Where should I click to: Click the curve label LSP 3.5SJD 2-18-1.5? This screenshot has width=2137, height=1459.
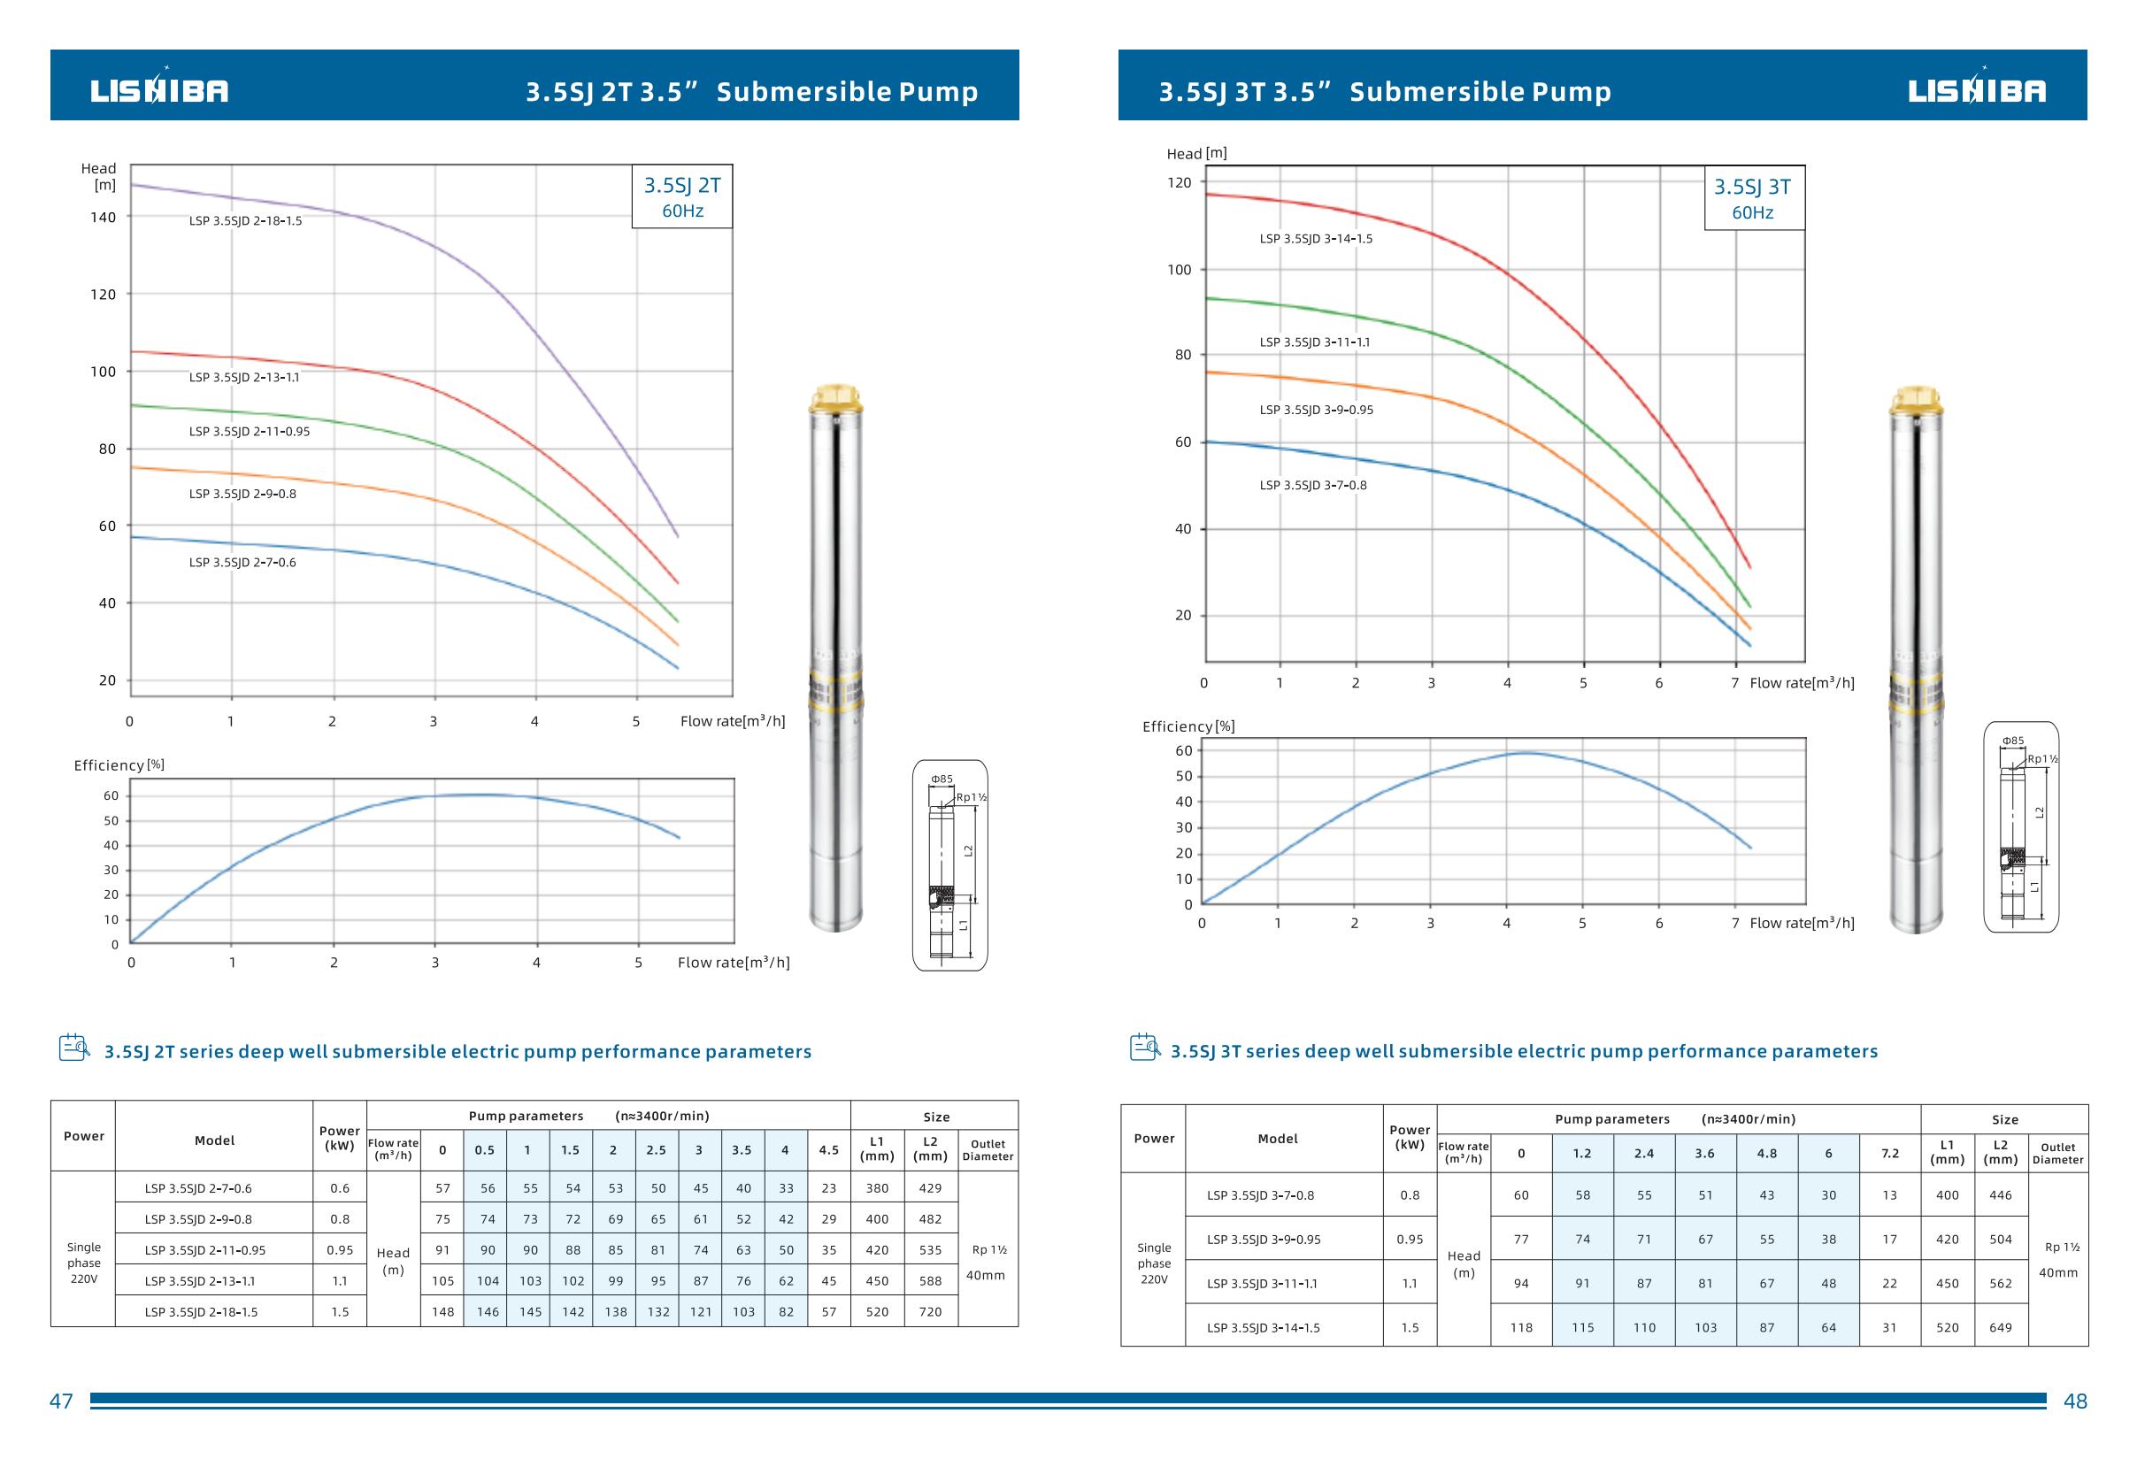[x=244, y=221]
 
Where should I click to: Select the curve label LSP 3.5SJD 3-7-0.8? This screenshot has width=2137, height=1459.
[x=1312, y=486]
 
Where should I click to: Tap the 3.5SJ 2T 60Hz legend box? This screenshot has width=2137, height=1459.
[x=682, y=196]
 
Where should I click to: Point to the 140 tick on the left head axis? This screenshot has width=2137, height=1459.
[x=103, y=218]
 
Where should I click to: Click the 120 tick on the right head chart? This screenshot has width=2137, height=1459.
[x=1179, y=183]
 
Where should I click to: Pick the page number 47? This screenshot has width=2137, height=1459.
[x=61, y=1401]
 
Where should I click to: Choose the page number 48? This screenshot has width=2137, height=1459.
[x=2075, y=1401]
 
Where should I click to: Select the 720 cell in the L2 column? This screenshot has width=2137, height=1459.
[x=930, y=1312]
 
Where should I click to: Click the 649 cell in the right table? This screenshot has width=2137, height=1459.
[x=2000, y=1327]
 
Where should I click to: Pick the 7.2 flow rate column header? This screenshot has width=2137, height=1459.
[x=1889, y=1154]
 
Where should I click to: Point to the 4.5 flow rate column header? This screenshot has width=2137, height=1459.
[x=828, y=1150]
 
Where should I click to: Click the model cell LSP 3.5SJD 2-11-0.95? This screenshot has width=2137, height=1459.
[x=205, y=1250]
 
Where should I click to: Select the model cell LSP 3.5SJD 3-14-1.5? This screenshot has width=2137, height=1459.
[x=1263, y=1327]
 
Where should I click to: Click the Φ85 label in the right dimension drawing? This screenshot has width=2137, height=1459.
[x=2013, y=741]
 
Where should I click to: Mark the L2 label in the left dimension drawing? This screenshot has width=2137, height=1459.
[x=968, y=850]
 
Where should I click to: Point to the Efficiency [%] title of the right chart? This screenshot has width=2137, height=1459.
[x=1188, y=727]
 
